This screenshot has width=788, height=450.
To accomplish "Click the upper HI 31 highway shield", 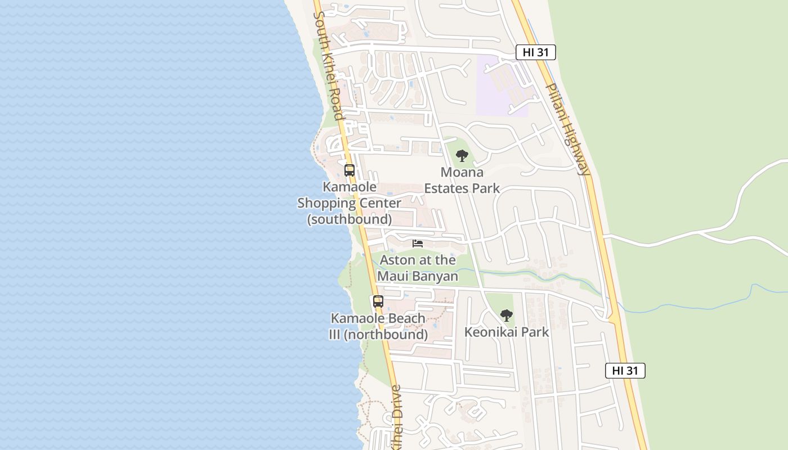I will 535,52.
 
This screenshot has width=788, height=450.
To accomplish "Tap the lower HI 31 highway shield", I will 625,371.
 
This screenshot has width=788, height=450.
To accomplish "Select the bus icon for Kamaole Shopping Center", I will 350,170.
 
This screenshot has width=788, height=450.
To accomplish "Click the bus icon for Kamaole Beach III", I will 378,301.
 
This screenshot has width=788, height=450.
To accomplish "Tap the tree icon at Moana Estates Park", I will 462,155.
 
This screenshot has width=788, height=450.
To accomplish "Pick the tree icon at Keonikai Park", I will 507,315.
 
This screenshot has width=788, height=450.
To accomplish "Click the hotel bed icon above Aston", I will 418,244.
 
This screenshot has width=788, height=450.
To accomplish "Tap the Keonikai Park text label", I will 507,332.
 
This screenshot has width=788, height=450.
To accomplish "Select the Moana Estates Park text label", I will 462,180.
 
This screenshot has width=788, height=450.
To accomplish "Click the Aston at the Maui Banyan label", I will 418,268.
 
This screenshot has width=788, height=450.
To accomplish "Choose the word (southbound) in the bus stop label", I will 350,219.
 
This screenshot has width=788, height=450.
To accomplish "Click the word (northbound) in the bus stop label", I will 386,335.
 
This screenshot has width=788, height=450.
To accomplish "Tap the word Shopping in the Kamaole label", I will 350,203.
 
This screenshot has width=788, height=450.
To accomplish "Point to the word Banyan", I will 433,276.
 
